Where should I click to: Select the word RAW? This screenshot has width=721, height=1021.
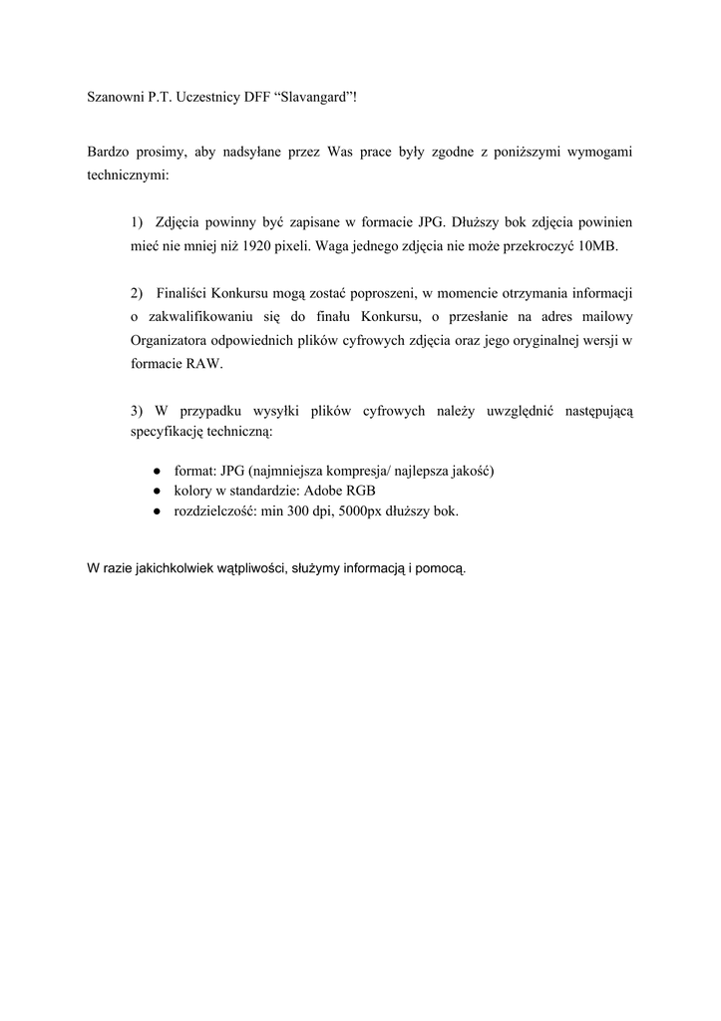(x=204, y=364)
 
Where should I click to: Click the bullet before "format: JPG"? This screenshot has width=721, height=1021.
(x=159, y=471)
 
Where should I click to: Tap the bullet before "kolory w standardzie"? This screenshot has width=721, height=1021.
(x=159, y=492)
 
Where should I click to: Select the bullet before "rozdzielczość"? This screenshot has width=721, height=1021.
(x=159, y=511)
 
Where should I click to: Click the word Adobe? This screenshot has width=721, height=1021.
(x=324, y=492)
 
